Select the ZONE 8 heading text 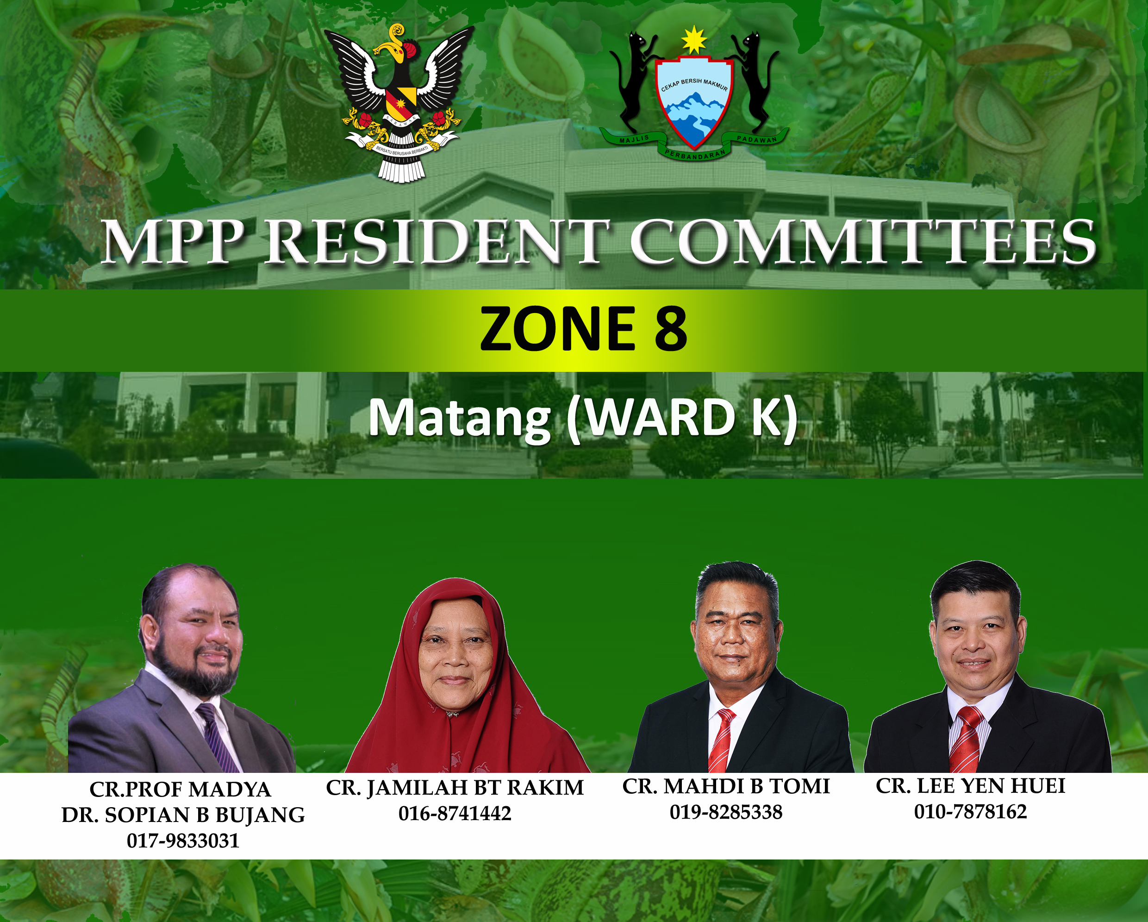pyautogui.click(x=584, y=329)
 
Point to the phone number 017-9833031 pyautogui.click(x=183, y=840)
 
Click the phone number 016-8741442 pyautogui.click(x=455, y=813)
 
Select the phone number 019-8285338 pyautogui.click(x=726, y=812)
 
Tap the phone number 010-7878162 pyautogui.click(x=970, y=811)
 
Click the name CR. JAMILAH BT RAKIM pyautogui.click(x=455, y=788)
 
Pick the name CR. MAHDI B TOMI pyautogui.click(x=726, y=786)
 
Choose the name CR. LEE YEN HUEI pyautogui.click(x=970, y=786)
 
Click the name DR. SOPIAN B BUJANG pyautogui.click(x=183, y=815)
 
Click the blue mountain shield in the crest pyautogui.click(x=694, y=104)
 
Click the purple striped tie pyautogui.click(x=218, y=738)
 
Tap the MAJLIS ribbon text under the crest pyautogui.click(x=634, y=139)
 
